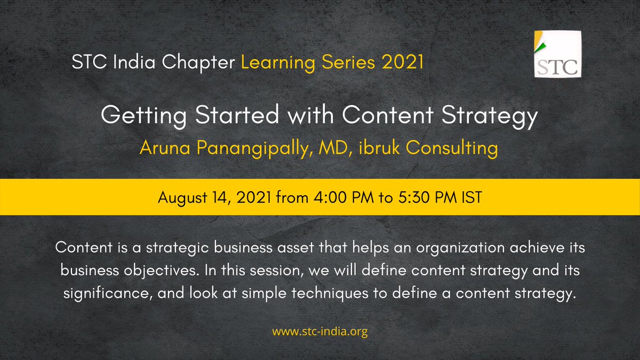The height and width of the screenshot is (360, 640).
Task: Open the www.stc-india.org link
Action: tap(320, 332)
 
